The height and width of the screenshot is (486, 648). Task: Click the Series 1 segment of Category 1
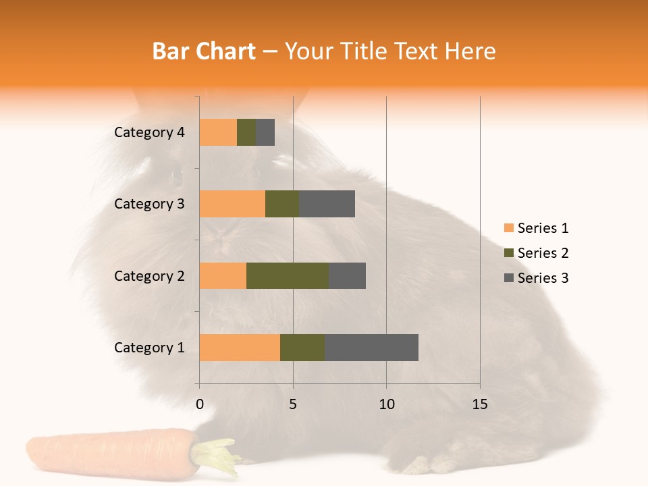[x=240, y=348]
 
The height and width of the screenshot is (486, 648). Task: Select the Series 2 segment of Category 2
[x=288, y=275]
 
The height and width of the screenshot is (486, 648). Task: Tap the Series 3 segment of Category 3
[x=327, y=204]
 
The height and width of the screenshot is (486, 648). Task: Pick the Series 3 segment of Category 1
[x=371, y=348]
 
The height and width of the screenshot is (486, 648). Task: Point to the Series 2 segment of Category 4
[x=246, y=132]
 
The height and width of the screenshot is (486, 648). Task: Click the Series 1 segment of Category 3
[x=232, y=204]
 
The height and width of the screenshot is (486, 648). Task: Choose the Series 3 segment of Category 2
[x=347, y=275]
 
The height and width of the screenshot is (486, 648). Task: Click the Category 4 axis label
[x=149, y=132]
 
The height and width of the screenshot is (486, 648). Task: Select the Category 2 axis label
[x=149, y=275]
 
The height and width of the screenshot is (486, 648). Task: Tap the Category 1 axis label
[x=149, y=348]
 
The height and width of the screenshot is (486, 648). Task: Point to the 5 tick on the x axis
[x=293, y=404]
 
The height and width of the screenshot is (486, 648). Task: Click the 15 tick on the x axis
[x=480, y=404]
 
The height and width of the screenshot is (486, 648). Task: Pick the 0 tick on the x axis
[x=200, y=404]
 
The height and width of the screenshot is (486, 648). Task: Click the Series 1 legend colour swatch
[x=508, y=228]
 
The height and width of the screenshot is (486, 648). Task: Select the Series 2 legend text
[x=543, y=253]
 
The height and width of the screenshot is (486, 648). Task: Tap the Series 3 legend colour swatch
[x=508, y=278]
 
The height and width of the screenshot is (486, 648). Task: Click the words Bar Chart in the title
[x=204, y=51]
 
